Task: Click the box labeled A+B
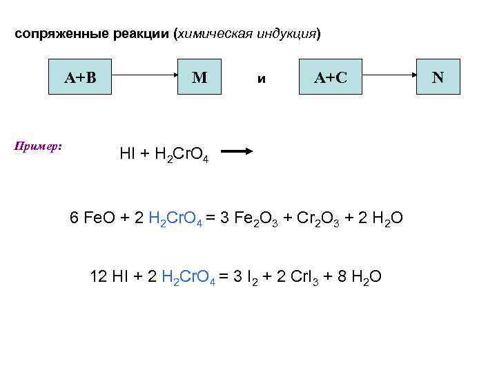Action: coord(80,77)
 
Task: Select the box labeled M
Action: coord(199,77)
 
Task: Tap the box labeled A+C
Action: coord(330,77)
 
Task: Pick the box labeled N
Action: coord(438,77)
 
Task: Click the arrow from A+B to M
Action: coord(141,77)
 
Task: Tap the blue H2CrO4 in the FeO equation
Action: coord(175,219)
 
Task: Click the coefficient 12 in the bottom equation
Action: coord(99,276)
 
